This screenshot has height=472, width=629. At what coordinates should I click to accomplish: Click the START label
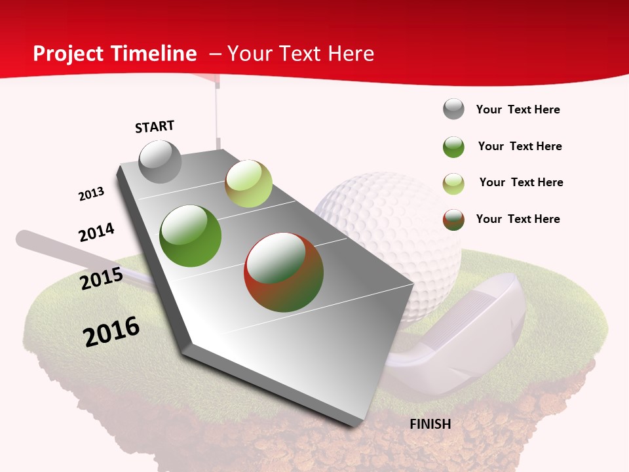pos(155,127)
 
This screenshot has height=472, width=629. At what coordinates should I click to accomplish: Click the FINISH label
pos(430,424)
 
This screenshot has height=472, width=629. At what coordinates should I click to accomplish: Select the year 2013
pos(91,194)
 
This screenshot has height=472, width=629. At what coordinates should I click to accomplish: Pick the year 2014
pos(96,232)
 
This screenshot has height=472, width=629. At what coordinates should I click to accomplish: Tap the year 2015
pos(102,279)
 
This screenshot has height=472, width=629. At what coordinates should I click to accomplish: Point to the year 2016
pos(111,331)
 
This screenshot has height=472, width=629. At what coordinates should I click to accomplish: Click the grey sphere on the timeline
pos(160,162)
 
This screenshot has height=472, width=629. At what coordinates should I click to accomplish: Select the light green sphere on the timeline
pos(248,184)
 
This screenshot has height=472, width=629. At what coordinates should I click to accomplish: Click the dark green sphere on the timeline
pos(191,236)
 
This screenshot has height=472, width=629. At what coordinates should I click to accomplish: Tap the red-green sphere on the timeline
pos(284,272)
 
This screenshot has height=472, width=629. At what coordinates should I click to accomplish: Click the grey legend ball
pos(453,109)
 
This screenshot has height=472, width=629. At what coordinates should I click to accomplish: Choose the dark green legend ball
pos(453,147)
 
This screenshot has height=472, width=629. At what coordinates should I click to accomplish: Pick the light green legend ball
pos(453,184)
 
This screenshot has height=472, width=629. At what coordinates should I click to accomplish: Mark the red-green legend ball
pos(453,220)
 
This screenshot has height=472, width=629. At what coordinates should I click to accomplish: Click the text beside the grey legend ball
pos(518,109)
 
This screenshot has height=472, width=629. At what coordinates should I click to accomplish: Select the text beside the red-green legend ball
pos(518,219)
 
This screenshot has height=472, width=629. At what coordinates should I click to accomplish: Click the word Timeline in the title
pos(155,54)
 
